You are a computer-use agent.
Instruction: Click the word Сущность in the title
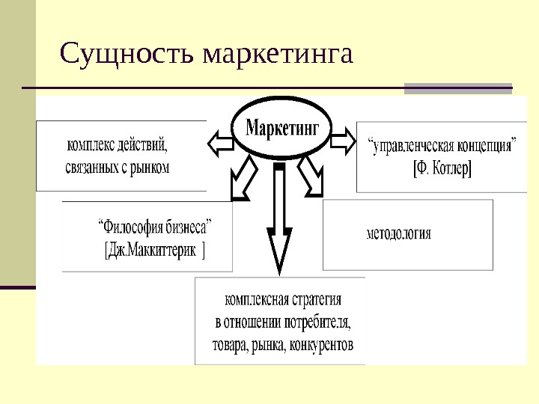[128, 53]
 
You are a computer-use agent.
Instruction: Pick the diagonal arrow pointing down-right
[310, 179]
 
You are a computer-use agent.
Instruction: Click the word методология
[398, 233]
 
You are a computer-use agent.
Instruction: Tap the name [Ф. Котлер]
[442, 168]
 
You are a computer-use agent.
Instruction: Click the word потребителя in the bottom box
[317, 323]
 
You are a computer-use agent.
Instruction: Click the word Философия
[128, 224]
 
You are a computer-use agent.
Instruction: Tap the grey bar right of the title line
[457, 88]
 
